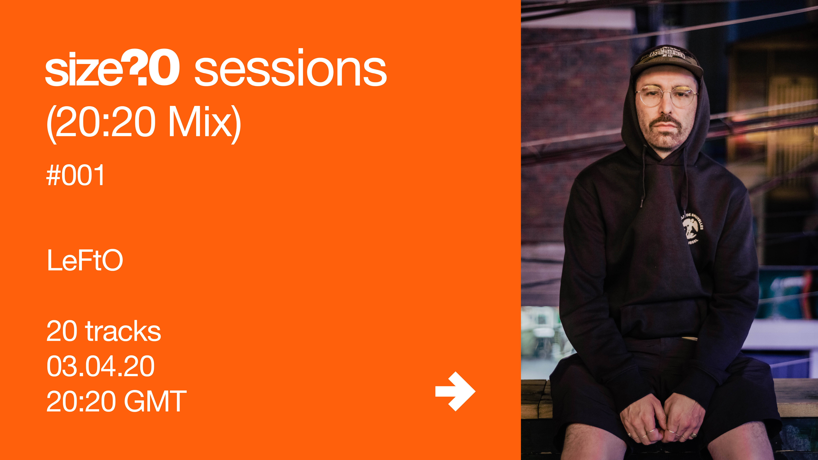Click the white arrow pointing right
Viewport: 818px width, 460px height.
(455, 391)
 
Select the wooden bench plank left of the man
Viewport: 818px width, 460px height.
(537, 398)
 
